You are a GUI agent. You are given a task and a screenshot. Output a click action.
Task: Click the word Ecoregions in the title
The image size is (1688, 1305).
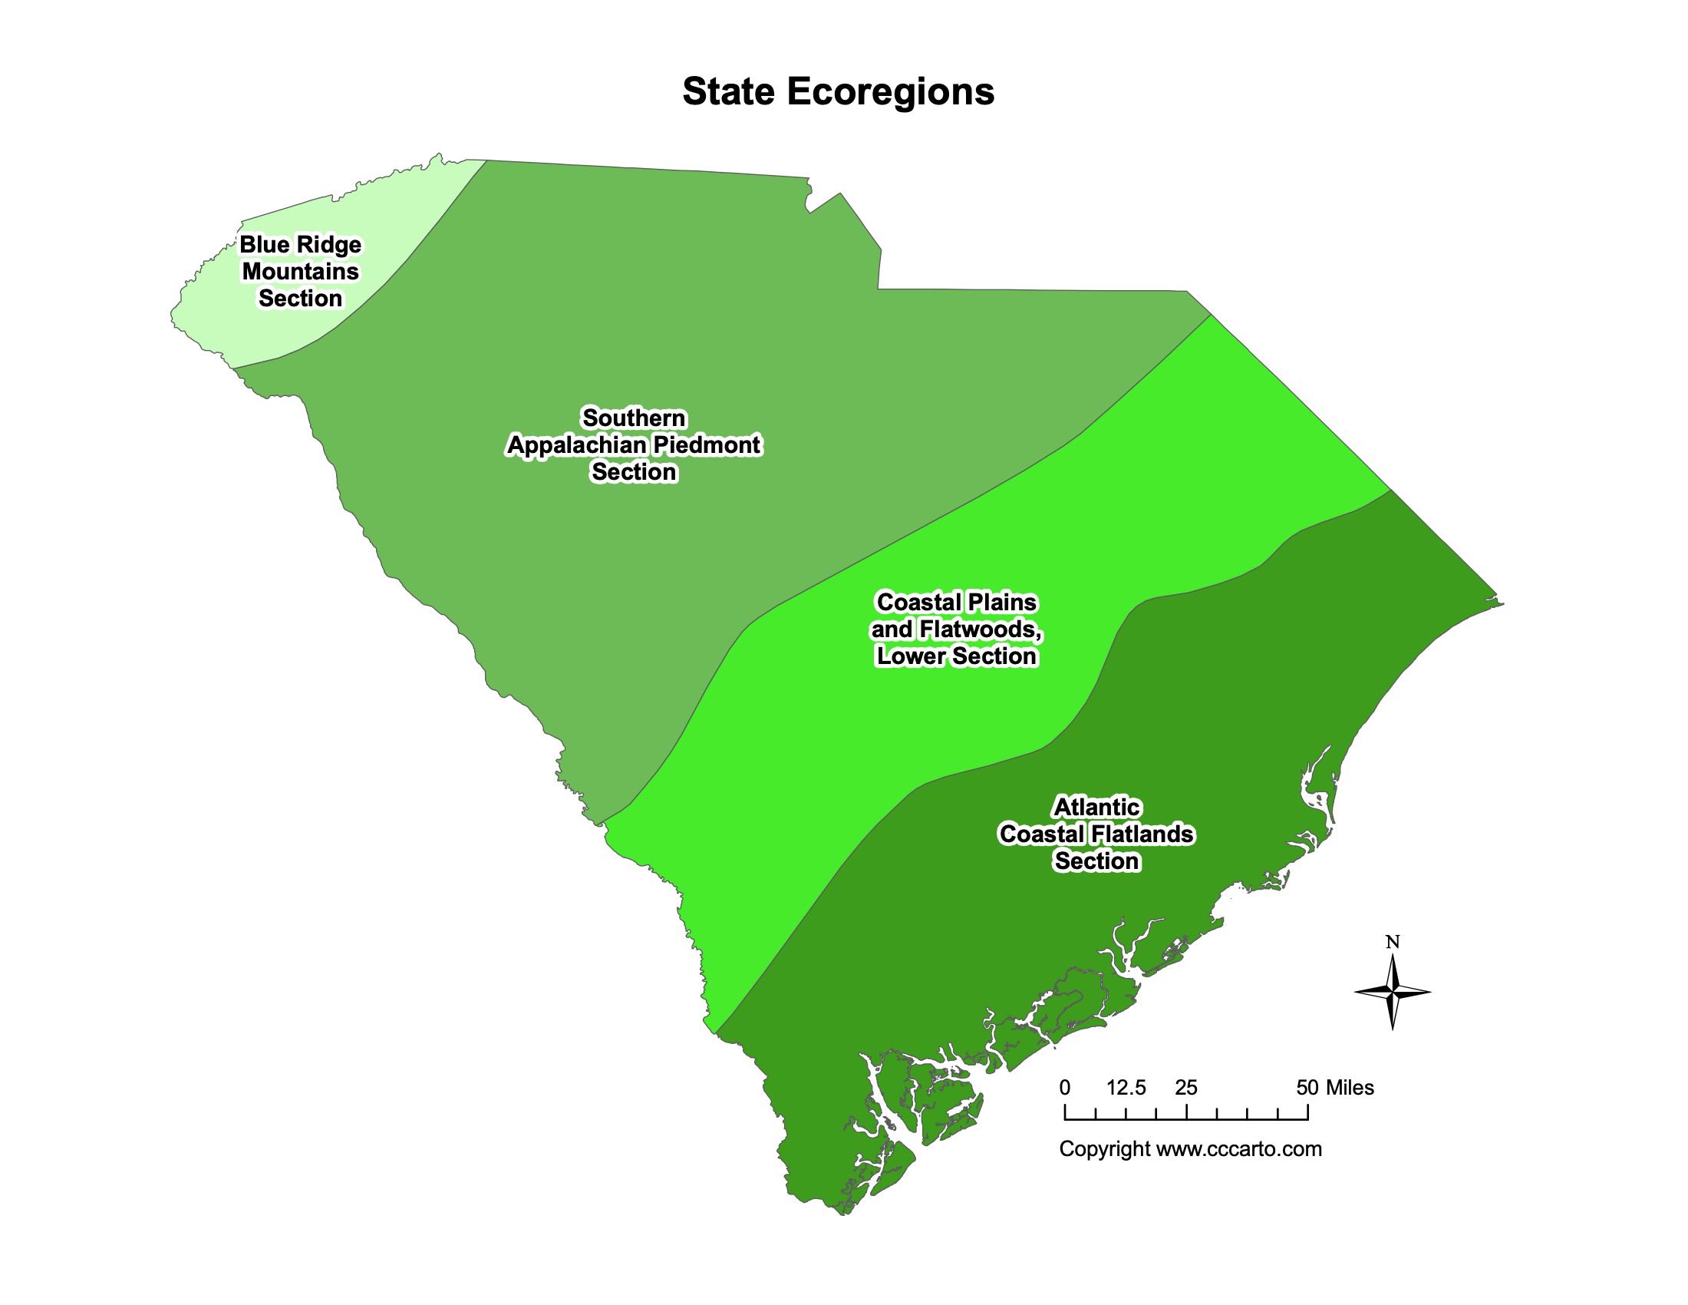pos(890,92)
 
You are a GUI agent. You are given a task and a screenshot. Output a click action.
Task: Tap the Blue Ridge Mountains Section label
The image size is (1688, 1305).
pos(300,271)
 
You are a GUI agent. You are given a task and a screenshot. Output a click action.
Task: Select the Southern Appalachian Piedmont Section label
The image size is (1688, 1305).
pos(634,444)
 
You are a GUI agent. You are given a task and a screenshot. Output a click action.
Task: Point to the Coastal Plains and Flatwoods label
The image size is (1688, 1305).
pos(956,629)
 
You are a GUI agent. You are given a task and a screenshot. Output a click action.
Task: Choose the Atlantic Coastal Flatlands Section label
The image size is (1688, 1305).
pos(1096,834)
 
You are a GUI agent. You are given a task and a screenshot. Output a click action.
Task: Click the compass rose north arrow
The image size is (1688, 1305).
pos(1392,992)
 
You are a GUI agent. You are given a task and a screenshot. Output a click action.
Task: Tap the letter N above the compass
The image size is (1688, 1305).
pos(1392,942)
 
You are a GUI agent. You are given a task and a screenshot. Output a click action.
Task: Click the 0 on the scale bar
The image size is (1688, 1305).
pos(1065,1088)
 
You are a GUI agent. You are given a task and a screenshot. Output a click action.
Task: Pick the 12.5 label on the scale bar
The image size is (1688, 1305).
pos(1126,1088)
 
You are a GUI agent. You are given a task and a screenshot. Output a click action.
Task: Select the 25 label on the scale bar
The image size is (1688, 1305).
pos(1185,1088)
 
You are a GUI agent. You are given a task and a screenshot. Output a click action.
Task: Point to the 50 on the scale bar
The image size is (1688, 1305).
pos(1307,1088)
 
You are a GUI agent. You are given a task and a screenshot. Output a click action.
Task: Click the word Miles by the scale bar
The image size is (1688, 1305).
pos(1350,1088)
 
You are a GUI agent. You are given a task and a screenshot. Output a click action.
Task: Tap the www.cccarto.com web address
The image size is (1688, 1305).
pos(1239,1149)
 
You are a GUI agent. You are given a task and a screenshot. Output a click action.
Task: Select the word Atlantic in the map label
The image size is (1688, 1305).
pos(1096,807)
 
